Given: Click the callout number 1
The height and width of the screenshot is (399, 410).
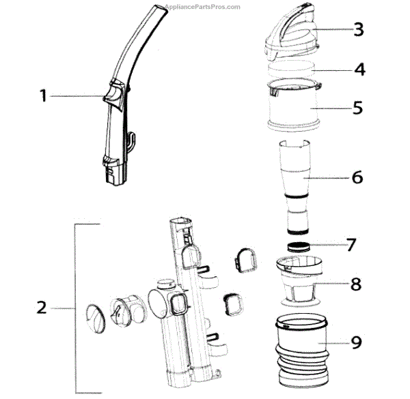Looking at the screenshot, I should pyautogui.click(x=42, y=96).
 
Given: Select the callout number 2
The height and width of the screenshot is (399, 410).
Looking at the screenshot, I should pyautogui.click(x=41, y=308).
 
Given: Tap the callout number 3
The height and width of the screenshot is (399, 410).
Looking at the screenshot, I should pyautogui.click(x=358, y=29).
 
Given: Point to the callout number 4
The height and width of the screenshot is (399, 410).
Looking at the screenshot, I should pyautogui.click(x=359, y=69).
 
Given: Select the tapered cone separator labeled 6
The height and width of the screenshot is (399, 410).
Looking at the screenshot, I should pyautogui.click(x=297, y=174).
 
